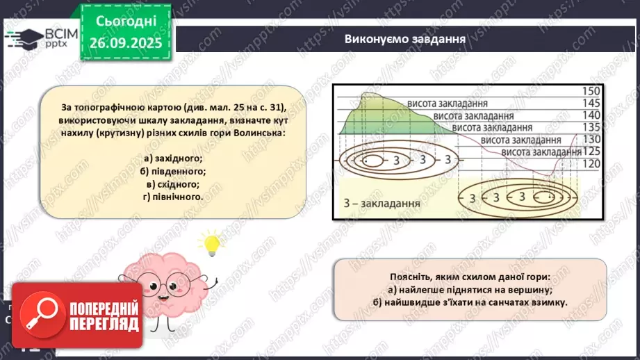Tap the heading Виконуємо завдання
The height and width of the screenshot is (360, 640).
coord(404,38)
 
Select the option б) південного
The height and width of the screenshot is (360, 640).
coord(171,171)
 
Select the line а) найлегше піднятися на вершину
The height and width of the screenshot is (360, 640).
coord(470,289)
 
